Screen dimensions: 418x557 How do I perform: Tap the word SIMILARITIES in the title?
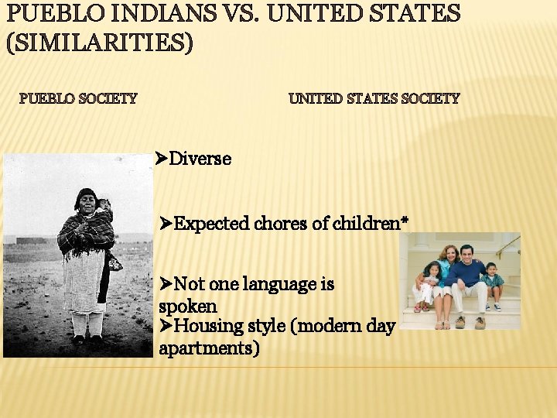coord(99,43)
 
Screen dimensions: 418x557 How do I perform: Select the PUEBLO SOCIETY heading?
coord(78,99)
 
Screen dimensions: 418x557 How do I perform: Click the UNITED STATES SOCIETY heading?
coord(374,99)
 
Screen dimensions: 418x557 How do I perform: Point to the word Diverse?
coord(200,159)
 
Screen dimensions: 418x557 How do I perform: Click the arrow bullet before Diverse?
coord(161,159)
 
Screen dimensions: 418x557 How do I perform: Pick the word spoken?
coord(187,306)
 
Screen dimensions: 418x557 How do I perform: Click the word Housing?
coord(203,327)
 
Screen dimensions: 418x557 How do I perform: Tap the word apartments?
coord(208,348)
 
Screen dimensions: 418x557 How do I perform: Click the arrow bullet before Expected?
coord(166,224)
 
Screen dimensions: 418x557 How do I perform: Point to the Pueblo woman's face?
coord(86,202)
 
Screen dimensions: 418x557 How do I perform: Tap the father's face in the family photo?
coord(466,255)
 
